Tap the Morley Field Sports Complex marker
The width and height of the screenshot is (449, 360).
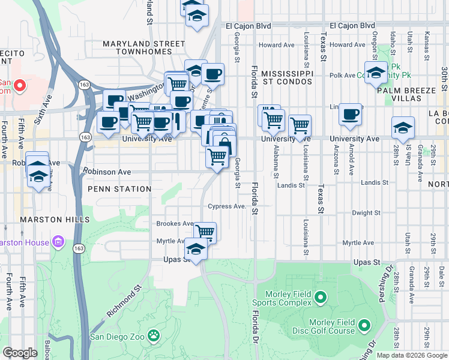pos(321,297)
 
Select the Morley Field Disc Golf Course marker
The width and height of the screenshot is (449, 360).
pos(364,326)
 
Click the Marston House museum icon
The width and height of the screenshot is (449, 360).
pos(58,242)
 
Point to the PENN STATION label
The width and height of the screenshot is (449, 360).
pos(119,189)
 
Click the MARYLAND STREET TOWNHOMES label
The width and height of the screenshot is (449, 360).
pos(143,48)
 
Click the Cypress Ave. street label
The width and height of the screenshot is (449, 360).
pos(228,206)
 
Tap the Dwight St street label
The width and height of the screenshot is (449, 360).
pos(363,212)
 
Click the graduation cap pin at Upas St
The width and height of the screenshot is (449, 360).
pos(196,248)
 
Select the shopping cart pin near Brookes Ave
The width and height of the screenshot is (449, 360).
pos(205,232)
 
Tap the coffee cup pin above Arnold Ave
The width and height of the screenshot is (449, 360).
pos(350,114)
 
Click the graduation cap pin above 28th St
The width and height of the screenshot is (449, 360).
pos(403,127)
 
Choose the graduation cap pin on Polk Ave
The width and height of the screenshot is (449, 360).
pos(376,73)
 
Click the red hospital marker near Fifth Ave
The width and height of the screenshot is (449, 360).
pos(19,86)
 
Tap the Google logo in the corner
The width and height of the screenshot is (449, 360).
pos(20,353)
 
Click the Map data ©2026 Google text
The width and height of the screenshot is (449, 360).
pos(411,355)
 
